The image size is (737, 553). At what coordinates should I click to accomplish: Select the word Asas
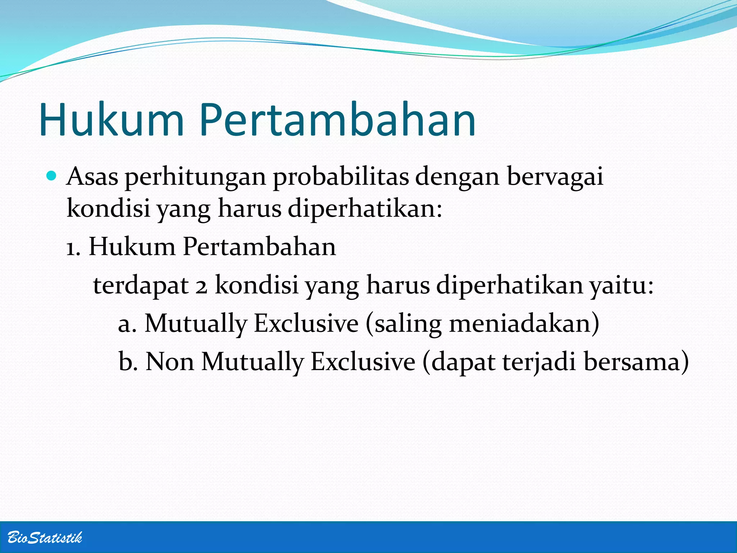92,177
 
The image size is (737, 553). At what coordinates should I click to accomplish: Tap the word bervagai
555,177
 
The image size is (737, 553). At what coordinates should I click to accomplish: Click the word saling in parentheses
408,324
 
